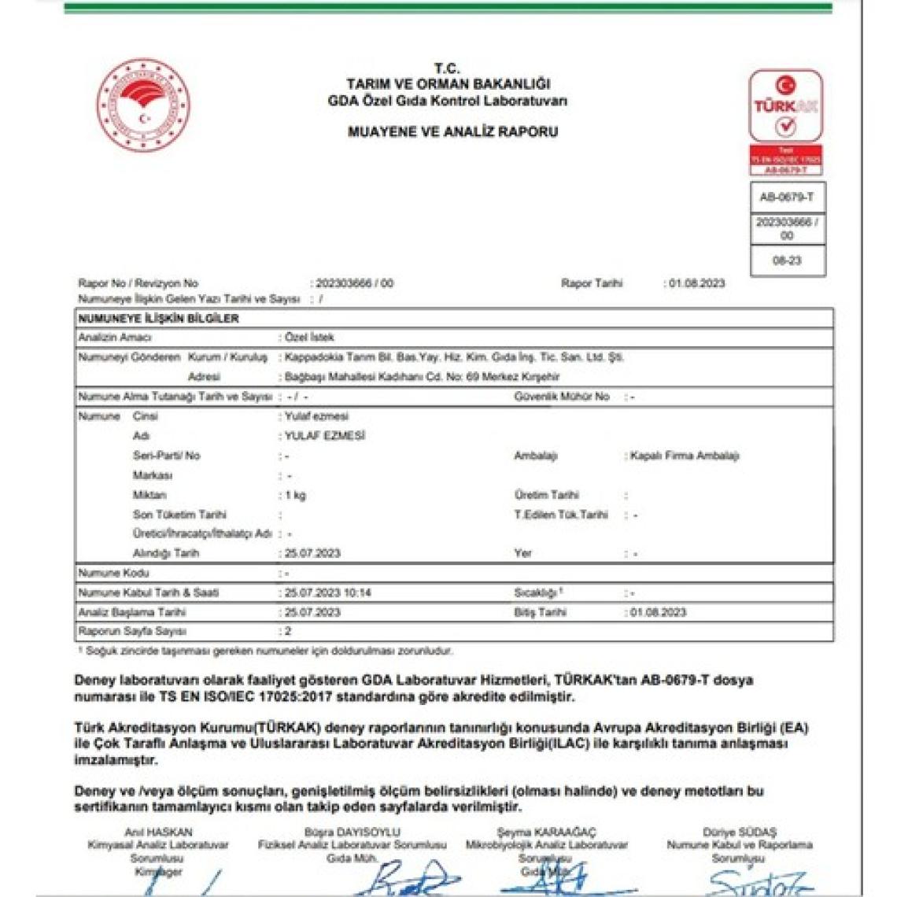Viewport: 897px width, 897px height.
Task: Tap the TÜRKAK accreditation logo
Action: point(785,106)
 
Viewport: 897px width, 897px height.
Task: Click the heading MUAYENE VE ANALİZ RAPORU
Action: point(452,132)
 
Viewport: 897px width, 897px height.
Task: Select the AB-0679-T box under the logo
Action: point(787,197)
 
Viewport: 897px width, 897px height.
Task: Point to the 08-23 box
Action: point(787,260)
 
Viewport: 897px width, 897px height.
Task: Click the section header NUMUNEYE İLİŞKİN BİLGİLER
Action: point(158,319)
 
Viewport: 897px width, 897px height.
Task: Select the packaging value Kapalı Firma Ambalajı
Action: point(684,456)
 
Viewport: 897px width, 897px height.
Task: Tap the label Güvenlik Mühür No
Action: point(562,397)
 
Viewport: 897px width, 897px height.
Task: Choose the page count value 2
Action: point(288,631)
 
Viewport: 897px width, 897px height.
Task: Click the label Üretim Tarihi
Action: point(546,495)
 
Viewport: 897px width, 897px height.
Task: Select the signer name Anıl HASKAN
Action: point(158,832)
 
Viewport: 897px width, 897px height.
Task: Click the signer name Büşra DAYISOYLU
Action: point(352,832)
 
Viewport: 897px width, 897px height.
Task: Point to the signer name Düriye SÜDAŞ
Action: point(739,832)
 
